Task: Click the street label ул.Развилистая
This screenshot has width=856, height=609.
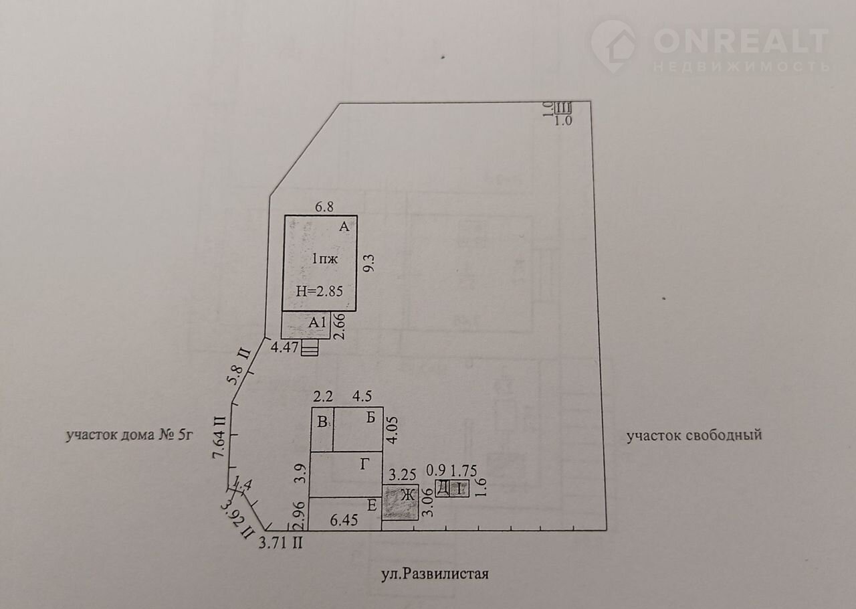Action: click(x=435, y=574)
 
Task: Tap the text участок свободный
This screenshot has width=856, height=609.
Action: click(x=694, y=436)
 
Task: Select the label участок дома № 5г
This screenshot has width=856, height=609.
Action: click(x=129, y=436)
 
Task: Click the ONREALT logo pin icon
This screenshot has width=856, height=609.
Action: click(x=613, y=45)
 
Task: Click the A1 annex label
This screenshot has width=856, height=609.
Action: click(x=316, y=323)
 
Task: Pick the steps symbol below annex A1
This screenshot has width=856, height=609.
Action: click(x=310, y=349)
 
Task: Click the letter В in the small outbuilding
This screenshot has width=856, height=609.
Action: click(x=322, y=422)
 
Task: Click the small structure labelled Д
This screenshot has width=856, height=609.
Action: click(x=443, y=489)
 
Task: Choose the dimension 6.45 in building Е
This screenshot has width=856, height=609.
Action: click(x=346, y=519)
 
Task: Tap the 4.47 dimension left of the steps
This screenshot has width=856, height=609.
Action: click(x=284, y=347)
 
